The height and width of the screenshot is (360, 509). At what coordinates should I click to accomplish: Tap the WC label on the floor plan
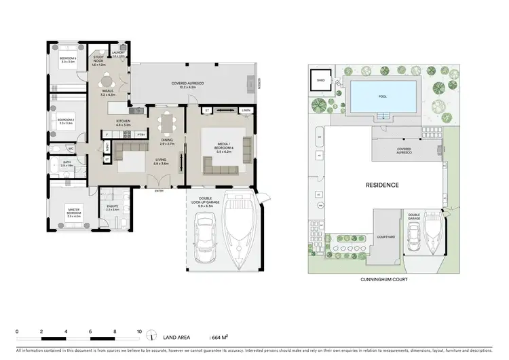coord(71,147)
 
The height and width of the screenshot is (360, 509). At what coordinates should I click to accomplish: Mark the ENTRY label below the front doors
coord(159,191)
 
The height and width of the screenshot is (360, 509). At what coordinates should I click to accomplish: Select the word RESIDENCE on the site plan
coord(382,185)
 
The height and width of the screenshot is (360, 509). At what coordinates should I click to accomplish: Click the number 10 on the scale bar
coord(138,331)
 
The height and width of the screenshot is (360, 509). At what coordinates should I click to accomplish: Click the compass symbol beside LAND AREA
coord(157,336)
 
